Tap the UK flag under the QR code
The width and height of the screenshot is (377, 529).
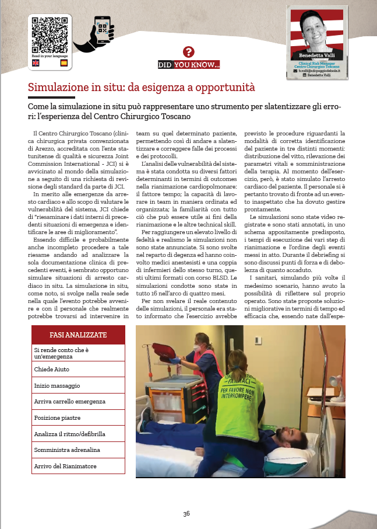point(36,62)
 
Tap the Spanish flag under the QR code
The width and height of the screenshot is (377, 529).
point(64,62)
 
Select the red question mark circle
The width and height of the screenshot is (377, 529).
point(188,52)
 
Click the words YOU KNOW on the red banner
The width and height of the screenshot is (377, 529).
point(196,65)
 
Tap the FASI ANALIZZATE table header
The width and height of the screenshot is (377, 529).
point(77,335)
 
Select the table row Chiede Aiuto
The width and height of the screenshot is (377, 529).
point(77,370)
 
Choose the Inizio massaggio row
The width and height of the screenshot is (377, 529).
point(77,386)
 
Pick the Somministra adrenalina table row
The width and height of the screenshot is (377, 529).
point(77,450)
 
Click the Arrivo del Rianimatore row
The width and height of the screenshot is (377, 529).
point(77,466)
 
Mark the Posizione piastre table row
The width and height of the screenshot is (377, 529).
point(77,418)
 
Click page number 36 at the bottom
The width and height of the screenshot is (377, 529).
point(186,513)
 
